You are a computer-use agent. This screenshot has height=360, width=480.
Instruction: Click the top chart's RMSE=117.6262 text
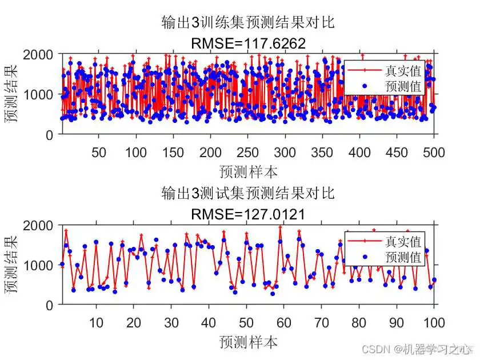pyautogui.click(x=247, y=43)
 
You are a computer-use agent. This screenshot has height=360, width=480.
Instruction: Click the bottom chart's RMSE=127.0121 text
pyautogui.click(x=247, y=214)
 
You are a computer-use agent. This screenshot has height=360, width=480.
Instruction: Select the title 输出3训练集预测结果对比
pyautogui.click(x=247, y=23)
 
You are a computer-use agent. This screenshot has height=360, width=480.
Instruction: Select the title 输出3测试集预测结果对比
pyautogui.click(x=247, y=193)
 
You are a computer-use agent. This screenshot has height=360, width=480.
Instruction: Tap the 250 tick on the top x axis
pyautogui.click(x=247, y=153)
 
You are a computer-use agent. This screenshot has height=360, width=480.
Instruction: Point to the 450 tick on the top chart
pyautogui.click(x=397, y=153)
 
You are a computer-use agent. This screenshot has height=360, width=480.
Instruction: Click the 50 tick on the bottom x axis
pyautogui.click(x=247, y=323)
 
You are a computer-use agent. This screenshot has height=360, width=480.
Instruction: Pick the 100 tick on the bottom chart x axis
pyautogui.click(x=434, y=323)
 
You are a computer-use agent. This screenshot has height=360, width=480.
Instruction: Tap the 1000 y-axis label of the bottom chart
pyautogui.click(x=41, y=265)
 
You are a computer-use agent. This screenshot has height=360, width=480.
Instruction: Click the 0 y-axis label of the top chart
pyautogui.click(x=50, y=135)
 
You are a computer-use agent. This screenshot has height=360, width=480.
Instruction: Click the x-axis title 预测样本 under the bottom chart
pyautogui.click(x=247, y=342)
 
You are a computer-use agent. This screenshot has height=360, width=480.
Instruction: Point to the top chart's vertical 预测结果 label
pyautogui.click(x=11, y=94)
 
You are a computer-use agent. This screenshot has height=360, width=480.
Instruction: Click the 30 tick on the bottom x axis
pyautogui.click(x=171, y=323)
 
